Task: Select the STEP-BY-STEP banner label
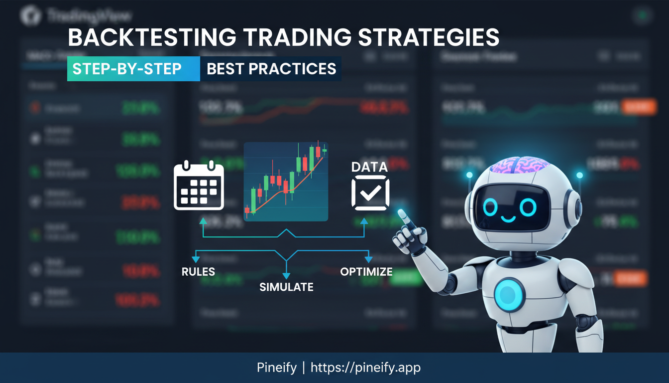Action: (x=127, y=69)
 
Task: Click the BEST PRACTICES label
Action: (x=271, y=69)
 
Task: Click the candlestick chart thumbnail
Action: (x=286, y=181)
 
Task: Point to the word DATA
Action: (x=369, y=167)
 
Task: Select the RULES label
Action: (x=198, y=272)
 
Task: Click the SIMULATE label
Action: (x=286, y=287)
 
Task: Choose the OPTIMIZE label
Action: (x=366, y=272)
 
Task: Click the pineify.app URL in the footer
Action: (x=365, y=368)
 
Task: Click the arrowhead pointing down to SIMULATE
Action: (x=286, y=275)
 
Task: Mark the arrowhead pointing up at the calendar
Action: (x=203, y=221)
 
